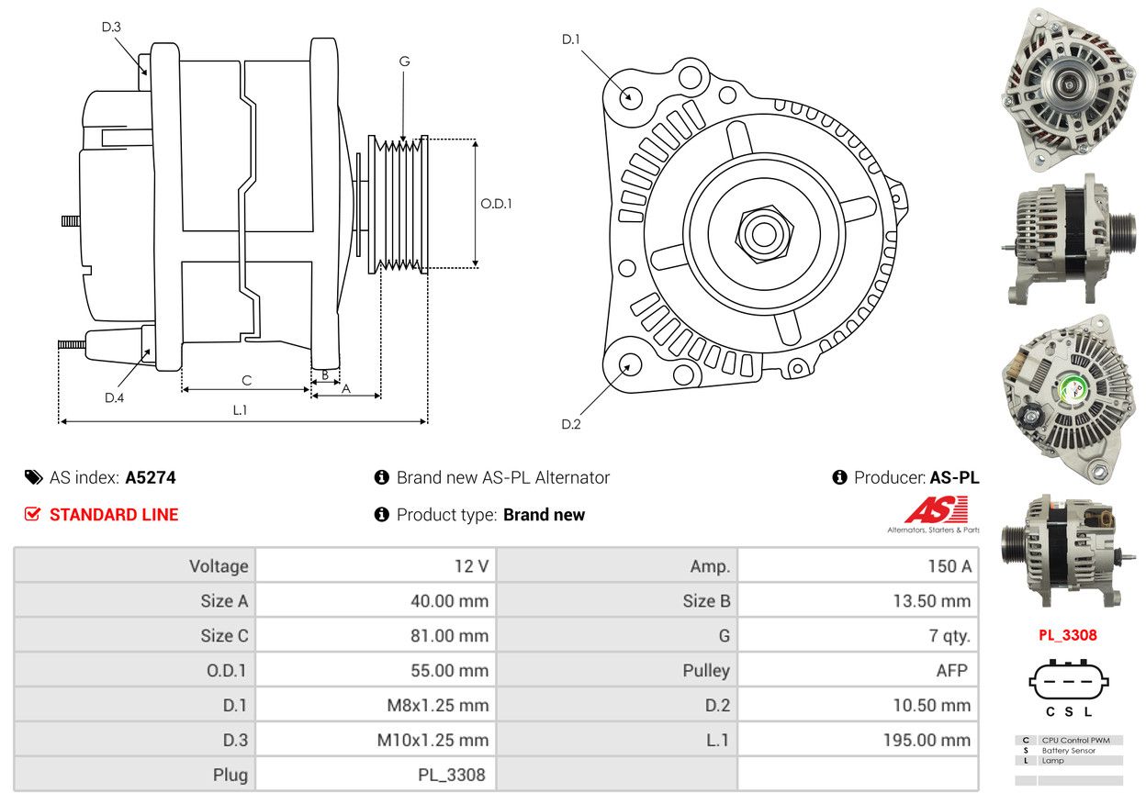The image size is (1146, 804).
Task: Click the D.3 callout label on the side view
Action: point(111,27)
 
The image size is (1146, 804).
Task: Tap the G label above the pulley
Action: point(404,61)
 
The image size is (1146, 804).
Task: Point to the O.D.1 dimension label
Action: point(496,204)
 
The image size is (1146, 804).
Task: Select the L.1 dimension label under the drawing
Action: point(240,409)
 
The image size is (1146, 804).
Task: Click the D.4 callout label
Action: point(114,397)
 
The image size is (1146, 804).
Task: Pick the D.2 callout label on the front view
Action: point(571,424)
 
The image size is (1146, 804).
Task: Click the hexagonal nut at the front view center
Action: point(764,234)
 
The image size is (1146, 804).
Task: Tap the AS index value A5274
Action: point(151,477)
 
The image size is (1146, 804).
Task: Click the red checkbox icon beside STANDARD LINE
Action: point(32,513)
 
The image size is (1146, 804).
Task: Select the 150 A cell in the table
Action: point(949,566)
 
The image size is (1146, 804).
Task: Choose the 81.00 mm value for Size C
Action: point(449,636)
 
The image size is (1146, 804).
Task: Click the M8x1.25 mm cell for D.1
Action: point(437,705)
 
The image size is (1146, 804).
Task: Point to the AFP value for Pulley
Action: point(951,671)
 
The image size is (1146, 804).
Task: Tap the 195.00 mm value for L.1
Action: point(927,740)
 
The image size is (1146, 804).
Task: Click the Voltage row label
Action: point(219,566)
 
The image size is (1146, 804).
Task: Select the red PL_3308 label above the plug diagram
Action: point(1068,635)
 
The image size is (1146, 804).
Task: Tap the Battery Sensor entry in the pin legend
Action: point(1069,750)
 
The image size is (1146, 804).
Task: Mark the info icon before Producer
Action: point(839,477)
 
